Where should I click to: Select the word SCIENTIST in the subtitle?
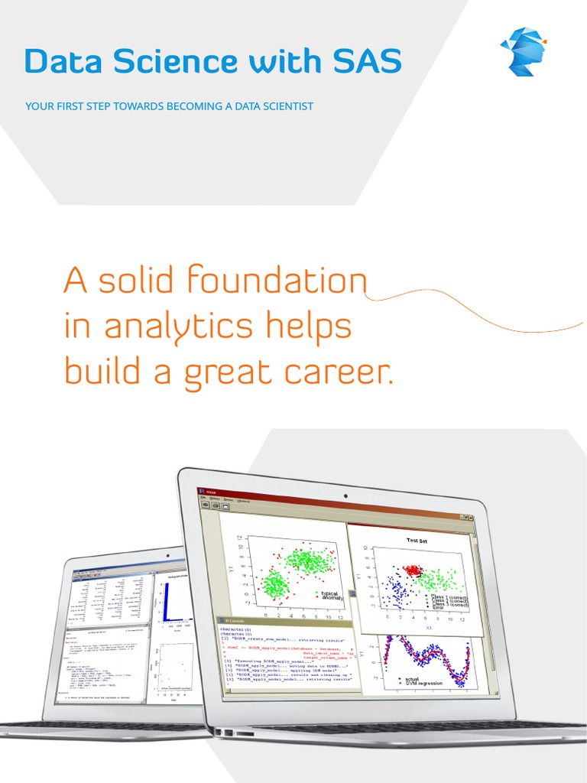[x=284, y=106]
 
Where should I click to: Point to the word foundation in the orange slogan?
[x=277, y=282]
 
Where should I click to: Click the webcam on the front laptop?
[x=345, y=495]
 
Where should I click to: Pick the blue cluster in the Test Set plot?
[x=398, y=591]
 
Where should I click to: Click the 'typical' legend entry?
[x=329, y=593]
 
